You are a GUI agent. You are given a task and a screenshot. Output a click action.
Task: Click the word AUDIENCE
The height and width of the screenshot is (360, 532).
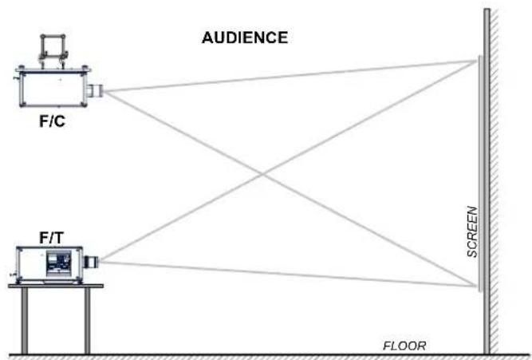point(245,38)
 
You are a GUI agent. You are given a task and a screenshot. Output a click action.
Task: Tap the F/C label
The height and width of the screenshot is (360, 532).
point(53,121)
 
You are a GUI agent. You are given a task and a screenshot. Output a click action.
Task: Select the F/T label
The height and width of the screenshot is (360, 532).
point(52,238)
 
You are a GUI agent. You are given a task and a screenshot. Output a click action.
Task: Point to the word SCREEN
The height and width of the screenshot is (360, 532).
point(472,231)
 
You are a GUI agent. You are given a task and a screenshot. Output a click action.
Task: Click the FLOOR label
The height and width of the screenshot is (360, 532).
point(404,346)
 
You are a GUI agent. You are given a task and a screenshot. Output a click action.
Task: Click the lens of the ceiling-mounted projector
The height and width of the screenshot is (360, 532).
point(95,91)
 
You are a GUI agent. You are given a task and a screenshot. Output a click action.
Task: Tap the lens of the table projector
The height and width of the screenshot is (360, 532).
point(91,262)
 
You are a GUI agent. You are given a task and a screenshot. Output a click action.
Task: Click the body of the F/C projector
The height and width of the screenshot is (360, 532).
point(53,89)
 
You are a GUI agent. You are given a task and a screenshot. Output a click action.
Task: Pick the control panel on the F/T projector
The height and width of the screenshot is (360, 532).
point(59,263)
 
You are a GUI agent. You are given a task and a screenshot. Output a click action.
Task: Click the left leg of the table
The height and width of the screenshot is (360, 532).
point(25,321)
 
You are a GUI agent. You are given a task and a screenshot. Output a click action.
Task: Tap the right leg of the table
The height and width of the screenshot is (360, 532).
point(87,321)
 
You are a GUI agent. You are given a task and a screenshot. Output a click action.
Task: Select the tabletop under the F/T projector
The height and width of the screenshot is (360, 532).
point(56,286)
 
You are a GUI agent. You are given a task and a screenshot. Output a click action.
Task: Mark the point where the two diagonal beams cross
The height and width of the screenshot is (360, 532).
point(263,175)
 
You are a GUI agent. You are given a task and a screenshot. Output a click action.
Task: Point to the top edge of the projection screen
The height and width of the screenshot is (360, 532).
point(480,57)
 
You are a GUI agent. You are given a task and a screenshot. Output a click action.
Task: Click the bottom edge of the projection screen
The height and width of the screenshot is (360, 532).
point(480,291)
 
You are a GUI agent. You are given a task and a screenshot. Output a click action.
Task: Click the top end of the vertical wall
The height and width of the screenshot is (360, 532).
point(487,10)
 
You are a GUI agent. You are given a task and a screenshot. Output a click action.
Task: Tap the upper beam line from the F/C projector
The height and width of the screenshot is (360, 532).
point(289,76)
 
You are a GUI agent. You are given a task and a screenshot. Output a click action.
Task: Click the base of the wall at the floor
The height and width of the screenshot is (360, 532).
point(487,352)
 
